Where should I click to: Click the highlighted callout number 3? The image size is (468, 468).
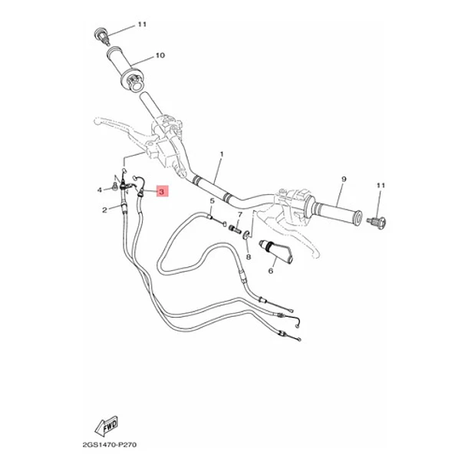[x=161, y=191]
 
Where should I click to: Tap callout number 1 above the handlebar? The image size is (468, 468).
[x=222, y=154]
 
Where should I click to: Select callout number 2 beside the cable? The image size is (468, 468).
[x=104, y=210]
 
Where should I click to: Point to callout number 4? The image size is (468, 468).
[x=100, y=190]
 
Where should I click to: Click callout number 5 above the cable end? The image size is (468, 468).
[x=212, y=201]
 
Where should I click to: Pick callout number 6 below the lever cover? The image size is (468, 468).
[x=270, y=271]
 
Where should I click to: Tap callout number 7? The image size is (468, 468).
[x=239, y=215]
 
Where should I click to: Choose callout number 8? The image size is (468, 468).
[x=249, y=257]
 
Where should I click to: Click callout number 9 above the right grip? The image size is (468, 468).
[x=344, y=179]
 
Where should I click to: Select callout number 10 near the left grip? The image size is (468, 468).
[x=160, y=55]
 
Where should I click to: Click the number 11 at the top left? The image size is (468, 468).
[x=142, y=25]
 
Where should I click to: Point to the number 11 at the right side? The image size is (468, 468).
[x=381, y=186]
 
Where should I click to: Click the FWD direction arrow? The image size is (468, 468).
[x=107, y=426]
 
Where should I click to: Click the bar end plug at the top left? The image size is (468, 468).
[x=101, y=36]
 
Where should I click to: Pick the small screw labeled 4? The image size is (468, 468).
[x=114, y=186]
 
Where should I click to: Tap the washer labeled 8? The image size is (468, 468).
[x=246, y=234]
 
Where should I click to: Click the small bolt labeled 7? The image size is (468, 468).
[x=235, y=229]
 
